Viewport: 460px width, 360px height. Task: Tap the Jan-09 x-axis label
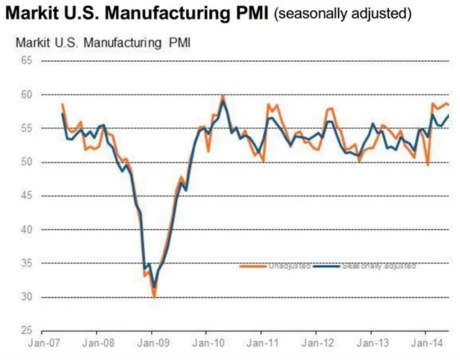(152, 343)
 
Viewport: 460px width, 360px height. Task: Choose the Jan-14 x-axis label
(425, 343)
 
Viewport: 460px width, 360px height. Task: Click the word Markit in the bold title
(34, 14)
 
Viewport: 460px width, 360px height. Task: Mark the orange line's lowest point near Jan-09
(154, 296)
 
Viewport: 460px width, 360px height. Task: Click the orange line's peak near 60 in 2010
(223, 96)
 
